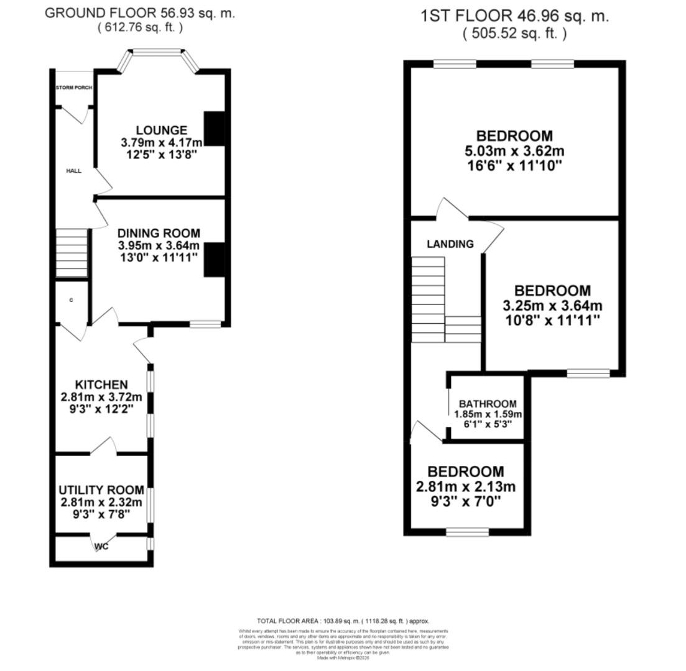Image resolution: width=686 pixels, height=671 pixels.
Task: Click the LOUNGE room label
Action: click(162, 130)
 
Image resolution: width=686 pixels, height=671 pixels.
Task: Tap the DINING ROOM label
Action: click(159, 233)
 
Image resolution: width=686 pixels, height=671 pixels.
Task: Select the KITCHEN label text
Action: click(101, 385)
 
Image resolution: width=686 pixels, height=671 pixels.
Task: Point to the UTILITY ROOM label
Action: click(101, 490)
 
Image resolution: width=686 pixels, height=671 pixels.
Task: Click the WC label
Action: click(101, 547)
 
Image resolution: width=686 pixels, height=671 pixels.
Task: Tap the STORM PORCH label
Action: click(74, 88)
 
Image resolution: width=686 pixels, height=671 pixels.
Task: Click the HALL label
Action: click(73, 171)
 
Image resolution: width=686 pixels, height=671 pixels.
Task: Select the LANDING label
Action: click(450, 244)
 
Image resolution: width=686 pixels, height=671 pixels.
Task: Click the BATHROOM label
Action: click(488, 404)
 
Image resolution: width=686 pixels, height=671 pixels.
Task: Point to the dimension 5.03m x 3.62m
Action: click(514, 151)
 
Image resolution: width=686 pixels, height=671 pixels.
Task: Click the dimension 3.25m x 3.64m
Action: click(552, 306)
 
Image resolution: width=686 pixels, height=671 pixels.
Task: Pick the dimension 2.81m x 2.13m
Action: click(465, 486)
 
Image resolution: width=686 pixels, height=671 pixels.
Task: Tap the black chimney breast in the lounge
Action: click(215, 129)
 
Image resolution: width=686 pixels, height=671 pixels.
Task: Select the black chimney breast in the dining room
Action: click(214, 259)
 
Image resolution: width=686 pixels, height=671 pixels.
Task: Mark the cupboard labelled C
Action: click(72, 301)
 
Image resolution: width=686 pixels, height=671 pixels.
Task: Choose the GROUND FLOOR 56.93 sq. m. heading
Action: click(140, 14)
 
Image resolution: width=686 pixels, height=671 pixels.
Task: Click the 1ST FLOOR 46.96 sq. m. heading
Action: click(514, 16)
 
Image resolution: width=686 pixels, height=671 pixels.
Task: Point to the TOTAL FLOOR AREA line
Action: click(343, 621)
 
